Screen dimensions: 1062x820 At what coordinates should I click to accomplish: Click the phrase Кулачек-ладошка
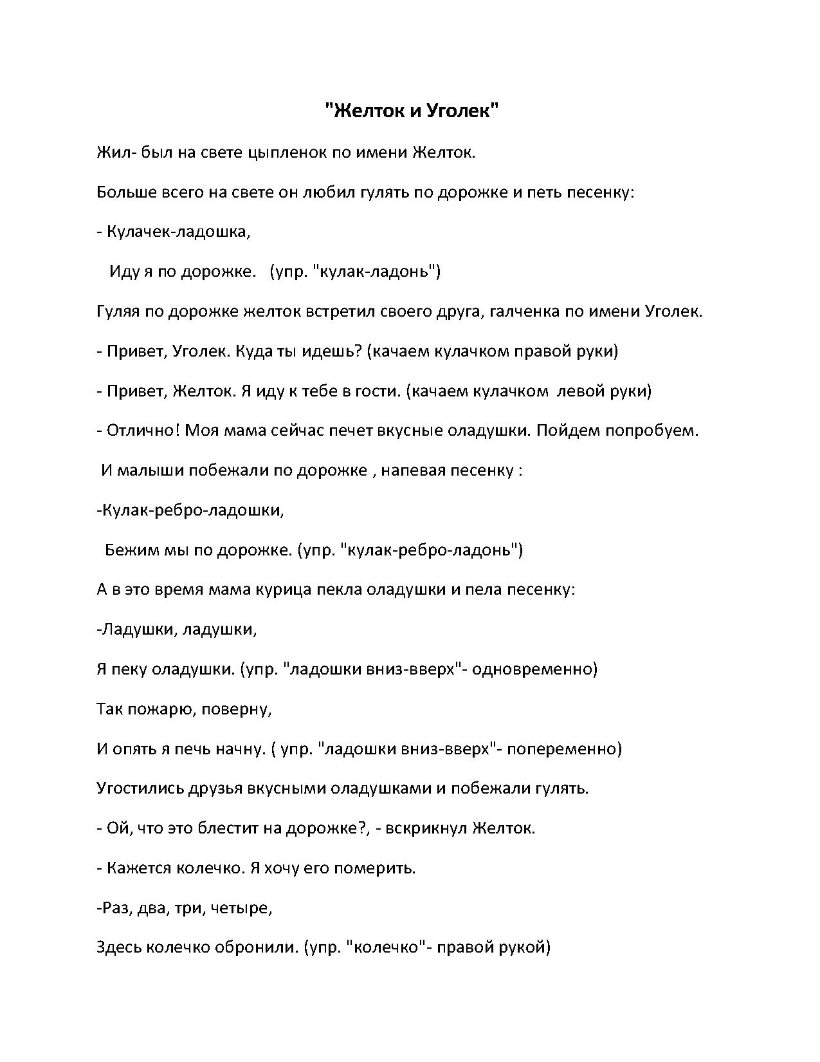pyautogui.click(x=176, y=232)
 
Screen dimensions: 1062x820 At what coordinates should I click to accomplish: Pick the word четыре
pyautogui.click(x=245, y=908)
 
